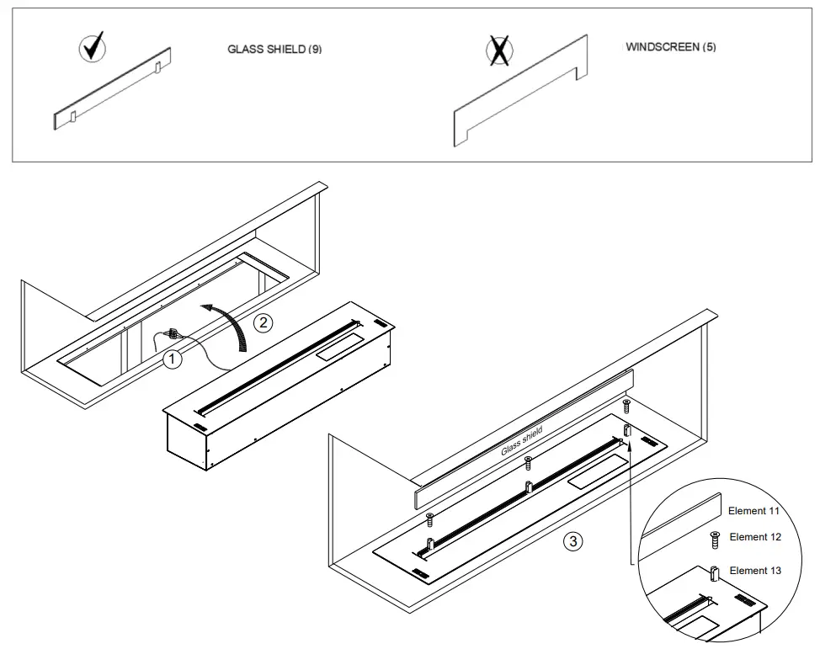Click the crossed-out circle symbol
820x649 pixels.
click(499, 51)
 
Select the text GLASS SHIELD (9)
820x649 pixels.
click(274, 50)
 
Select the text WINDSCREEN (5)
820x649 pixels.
click(671, 47)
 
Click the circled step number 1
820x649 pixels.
click(172, 359)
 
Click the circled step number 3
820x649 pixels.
click(572, 541)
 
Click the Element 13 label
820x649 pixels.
click(754, 571)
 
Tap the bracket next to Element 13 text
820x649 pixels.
click(715, 573)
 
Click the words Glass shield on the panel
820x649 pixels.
click(522, 440)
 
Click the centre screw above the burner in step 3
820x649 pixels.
click(527, 461)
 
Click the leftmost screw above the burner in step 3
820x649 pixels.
click(430, 516)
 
